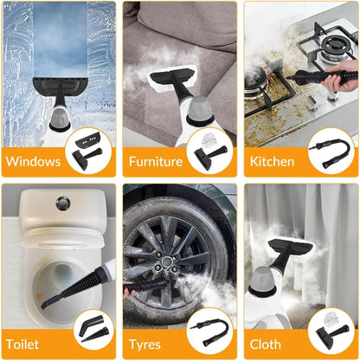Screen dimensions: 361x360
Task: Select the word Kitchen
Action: (273, 162)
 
